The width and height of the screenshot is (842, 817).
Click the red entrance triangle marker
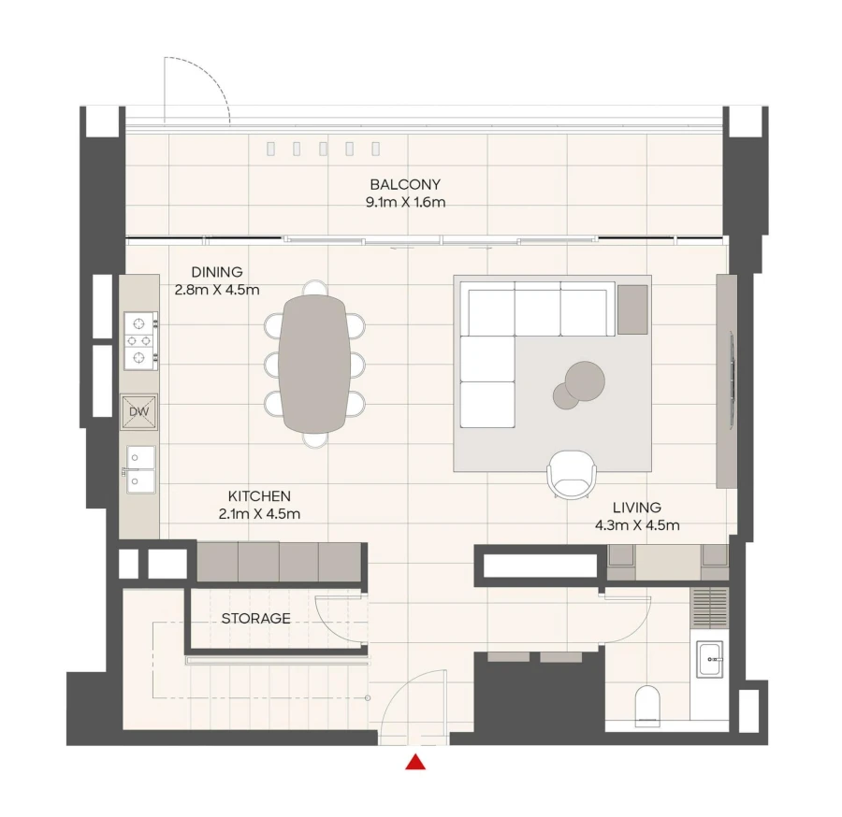coord(416,762)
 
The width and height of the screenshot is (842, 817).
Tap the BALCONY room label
coord(404,184)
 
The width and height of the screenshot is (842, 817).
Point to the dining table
coord(314,364)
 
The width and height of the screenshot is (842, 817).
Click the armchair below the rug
coord(571,474)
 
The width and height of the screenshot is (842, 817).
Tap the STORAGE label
coord(255,619)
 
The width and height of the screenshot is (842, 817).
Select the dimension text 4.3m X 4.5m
coord(636,525)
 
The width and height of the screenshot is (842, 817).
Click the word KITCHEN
coord(259,496)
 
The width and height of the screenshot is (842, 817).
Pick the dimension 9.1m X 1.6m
coord(404,202)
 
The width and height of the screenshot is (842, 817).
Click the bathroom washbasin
coord(710,657)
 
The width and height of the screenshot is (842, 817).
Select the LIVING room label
coord(636,509)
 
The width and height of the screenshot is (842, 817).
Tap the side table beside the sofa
coord(632,309)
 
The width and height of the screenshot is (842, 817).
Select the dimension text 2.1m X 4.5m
coord(259,513)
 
